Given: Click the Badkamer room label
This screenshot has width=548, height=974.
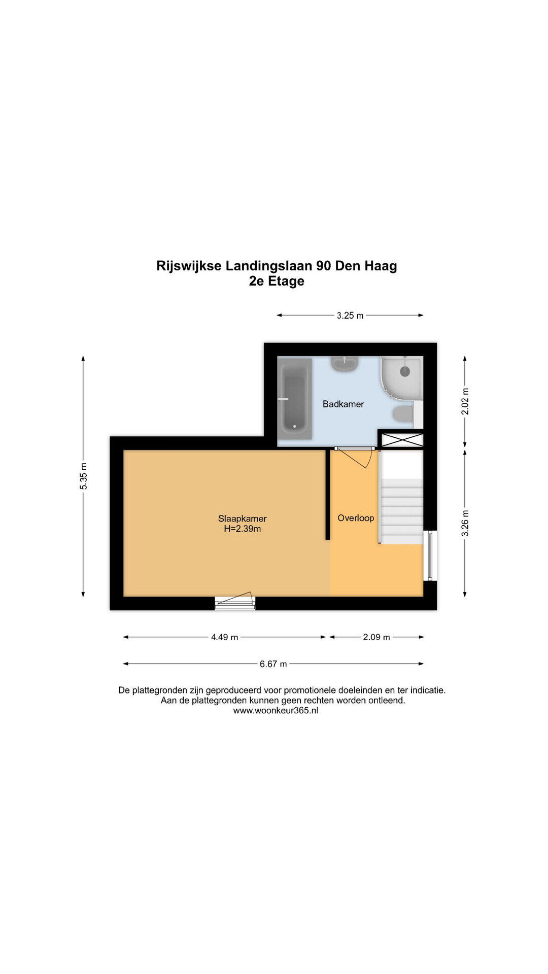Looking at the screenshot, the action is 344,404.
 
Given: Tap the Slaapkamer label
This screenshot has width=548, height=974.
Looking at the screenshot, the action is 243,518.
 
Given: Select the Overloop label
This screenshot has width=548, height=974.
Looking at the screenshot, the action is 356,518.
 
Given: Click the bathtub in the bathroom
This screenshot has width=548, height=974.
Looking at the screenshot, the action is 295,399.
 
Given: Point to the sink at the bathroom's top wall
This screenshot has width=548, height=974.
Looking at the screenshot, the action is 345,363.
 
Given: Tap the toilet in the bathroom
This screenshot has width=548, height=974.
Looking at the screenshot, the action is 404,414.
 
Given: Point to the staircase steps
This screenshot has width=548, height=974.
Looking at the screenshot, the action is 402,511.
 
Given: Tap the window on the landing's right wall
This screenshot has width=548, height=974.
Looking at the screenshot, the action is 430,555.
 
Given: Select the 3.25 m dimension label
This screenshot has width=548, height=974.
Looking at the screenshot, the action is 350,316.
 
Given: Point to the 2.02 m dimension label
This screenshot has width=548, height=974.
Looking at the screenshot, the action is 465,401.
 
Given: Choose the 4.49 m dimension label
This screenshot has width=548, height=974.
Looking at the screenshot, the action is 225,637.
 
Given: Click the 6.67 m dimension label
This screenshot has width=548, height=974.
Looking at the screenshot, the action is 273,664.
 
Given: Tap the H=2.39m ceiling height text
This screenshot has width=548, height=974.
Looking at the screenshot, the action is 243,529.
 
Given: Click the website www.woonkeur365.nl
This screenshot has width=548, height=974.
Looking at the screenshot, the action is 276,711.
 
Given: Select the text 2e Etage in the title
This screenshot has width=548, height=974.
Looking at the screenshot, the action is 277,281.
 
